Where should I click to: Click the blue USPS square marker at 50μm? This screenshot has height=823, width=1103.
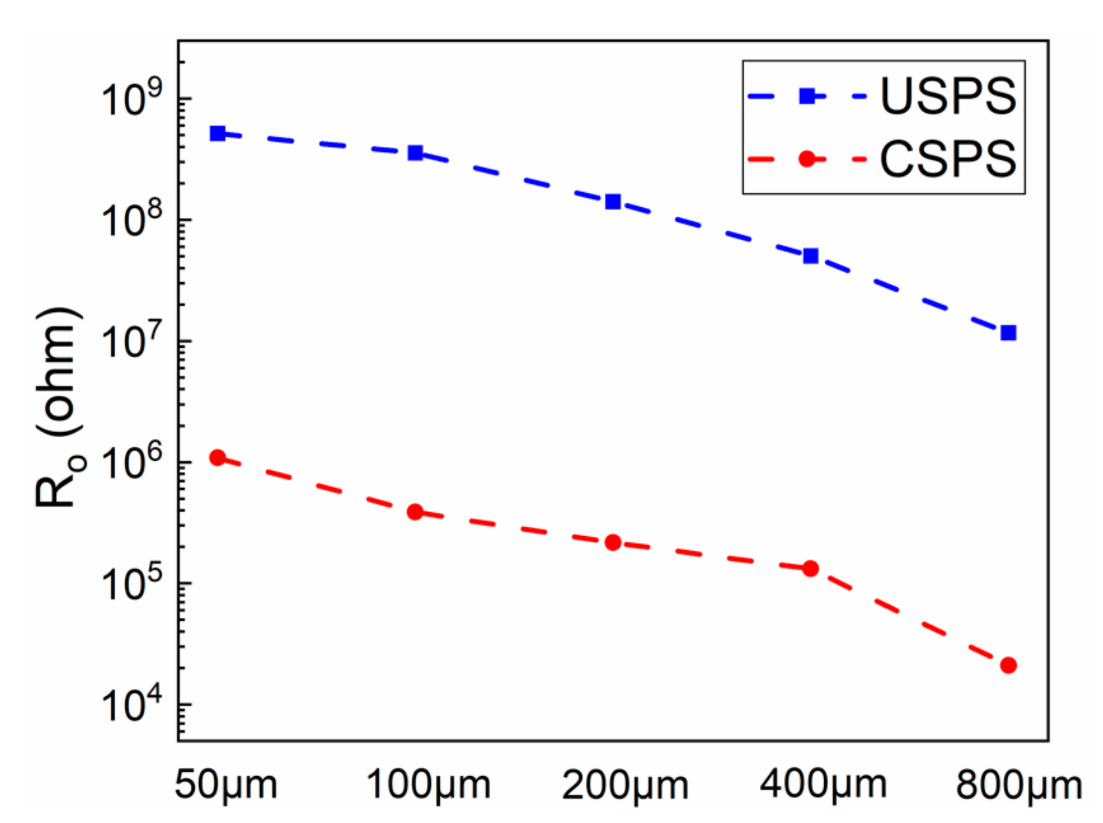[217, 133]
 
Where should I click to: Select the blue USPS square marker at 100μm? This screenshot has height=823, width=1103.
[415, 152]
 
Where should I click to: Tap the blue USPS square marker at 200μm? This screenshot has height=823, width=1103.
[612, 202]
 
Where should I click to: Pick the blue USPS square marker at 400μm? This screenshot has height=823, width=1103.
[810, 256]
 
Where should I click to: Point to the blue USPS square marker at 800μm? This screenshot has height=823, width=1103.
[1008, 333]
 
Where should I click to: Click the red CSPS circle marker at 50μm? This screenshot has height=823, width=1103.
[217, 457]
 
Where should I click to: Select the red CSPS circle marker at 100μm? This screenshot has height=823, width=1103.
[415, 512]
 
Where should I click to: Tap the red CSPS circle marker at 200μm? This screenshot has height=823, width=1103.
[612, 542]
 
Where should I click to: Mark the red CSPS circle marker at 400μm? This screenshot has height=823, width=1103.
[810, 568]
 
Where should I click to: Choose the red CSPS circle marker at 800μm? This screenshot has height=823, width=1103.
[1008, 665]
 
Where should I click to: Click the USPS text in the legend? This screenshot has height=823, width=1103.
[948, 97]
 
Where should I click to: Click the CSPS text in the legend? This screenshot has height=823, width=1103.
[948, 159]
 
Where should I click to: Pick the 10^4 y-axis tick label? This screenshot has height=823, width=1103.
[132, 704]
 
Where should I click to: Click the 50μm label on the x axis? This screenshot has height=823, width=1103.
[226, 785]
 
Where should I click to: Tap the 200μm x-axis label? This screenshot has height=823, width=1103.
[624, 785]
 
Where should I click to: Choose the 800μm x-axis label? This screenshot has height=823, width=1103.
[1019, 785]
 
